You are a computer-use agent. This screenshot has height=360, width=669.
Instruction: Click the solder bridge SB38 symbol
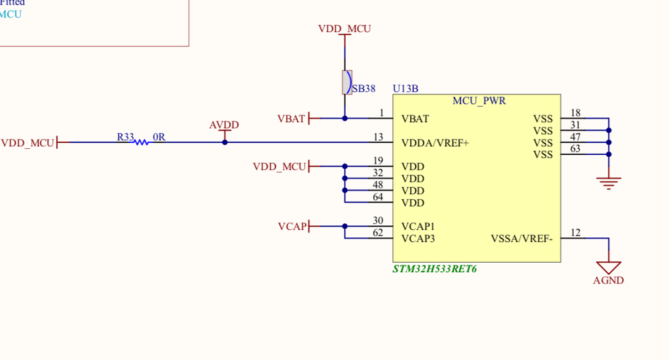(x=346, y=82)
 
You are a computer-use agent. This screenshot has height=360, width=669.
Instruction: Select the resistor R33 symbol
(x=141, y=142)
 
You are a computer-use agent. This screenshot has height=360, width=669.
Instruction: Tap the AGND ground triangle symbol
(x=609, y=267)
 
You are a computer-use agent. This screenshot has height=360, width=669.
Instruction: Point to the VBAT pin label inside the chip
(x=415, y=119)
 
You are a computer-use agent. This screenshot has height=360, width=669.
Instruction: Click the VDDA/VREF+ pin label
(x=434, y=143)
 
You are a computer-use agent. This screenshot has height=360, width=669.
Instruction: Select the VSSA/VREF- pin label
(x=522, y=239)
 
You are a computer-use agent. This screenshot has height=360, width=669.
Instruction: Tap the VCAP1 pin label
(x=418, y=227)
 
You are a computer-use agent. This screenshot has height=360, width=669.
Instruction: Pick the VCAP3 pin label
(x=418, y=239)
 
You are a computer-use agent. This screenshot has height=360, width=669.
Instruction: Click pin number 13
(x=379, y=137)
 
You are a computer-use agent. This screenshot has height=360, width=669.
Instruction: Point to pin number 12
(x=575, y=233)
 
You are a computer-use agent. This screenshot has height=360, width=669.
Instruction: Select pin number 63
(x=575, y=149)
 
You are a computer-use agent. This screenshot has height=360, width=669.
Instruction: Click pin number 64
(x=378, y=197)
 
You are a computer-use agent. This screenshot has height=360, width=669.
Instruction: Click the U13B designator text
(x=406, y=88)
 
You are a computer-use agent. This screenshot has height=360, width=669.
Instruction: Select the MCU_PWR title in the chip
(x=479, y=101)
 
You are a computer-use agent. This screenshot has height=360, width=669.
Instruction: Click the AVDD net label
(x=224, y=125)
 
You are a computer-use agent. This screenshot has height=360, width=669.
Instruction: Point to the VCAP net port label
(x=292, y=227)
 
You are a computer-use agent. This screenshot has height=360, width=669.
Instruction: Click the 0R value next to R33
(x=159, y=137)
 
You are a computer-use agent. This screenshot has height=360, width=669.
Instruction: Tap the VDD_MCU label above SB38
(x=345, y=29)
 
